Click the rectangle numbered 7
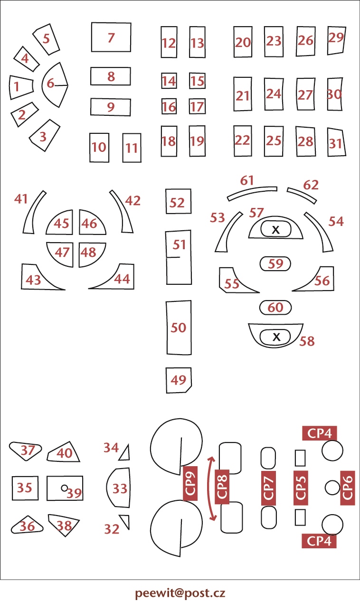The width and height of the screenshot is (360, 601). [111, 37]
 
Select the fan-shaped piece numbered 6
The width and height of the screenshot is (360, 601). [55, 85]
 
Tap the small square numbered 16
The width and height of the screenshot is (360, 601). [169, 106]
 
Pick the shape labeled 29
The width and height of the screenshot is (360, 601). [336, 40]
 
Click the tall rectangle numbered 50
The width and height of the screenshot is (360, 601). [179, 328]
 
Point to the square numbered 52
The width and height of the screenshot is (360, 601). [179, 201]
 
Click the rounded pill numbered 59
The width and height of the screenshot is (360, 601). [275, 263]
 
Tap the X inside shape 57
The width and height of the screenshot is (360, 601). [276, 230]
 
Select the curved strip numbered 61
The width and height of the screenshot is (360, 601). [252, 192]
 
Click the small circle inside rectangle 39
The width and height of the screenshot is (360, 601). [64, 488]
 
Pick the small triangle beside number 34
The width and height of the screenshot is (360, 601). [125, 453]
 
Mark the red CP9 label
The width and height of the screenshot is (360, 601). [190, 483]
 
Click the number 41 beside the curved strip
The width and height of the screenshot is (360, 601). [21, 199]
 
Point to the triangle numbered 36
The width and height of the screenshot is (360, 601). [27, 525]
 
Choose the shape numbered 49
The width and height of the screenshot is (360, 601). [179, 380]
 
